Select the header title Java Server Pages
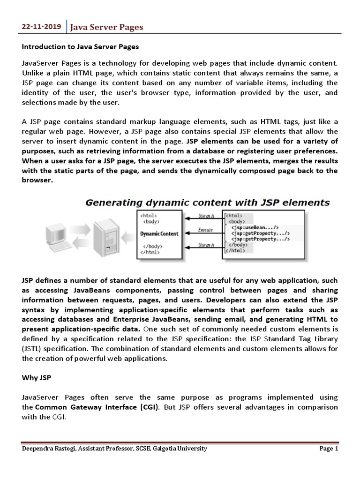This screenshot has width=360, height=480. (106, 28)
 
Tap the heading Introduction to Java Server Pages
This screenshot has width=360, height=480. (80, 47)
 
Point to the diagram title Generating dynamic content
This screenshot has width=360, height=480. (207, 202)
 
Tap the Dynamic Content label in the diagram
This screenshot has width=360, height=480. (159, 234)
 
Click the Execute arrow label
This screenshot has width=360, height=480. (206, 230)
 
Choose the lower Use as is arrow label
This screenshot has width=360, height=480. (206, 245)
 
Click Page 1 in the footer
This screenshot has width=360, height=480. (329, 449)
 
